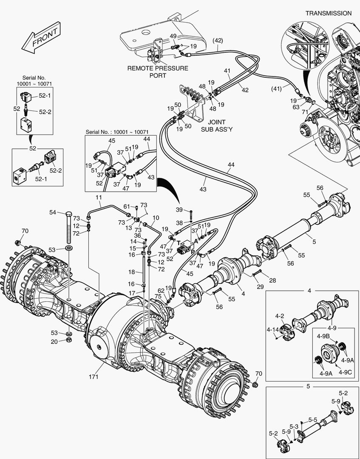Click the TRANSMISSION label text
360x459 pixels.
[x=329, y=13]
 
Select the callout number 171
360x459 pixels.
[x=94, y=377]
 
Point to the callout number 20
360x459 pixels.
[x=54, y=341]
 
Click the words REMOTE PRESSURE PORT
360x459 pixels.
[x=158, y=72]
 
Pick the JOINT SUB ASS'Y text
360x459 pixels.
[x=216, y=126]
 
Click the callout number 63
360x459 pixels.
[x=296, y=108]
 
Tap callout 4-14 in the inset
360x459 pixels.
[x=273, y=329]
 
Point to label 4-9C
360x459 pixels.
[x=346, y=372]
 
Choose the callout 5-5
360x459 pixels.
[x=313, y=419]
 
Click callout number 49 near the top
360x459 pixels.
[x=173, y=36]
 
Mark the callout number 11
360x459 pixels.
[x=99, y=198]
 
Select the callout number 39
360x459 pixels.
[x=179, y=210]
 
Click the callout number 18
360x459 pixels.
[x=132, y=272]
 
